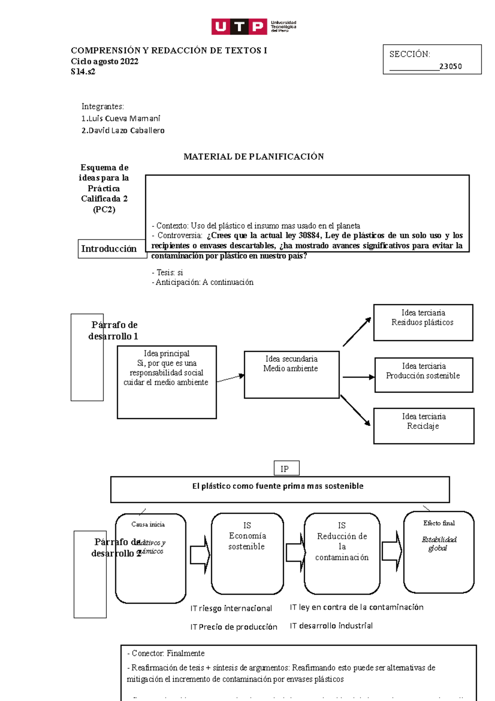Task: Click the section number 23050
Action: tap(450, 66)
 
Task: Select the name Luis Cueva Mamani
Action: tap(121, 118)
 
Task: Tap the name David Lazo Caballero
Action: tap(123, 130)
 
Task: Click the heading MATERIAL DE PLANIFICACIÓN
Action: tap(253, 156)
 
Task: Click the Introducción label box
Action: tap(109, 249)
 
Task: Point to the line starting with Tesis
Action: tap(167, 272)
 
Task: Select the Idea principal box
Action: tap(167, 382)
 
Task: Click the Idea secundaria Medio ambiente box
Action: tap(291, 374)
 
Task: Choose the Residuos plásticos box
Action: tap(423, 322)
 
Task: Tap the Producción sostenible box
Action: tap(423, 375)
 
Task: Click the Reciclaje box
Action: tap(423, 426)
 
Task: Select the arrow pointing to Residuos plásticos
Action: tap(357, 332)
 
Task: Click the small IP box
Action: tap(286, 469)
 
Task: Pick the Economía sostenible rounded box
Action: tap(247, 553)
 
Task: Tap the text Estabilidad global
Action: tap(438, 544)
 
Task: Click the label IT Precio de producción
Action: tap(233, 627)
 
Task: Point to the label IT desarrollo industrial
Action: tap(331, 625)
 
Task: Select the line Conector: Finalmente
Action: tap(166, 653)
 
